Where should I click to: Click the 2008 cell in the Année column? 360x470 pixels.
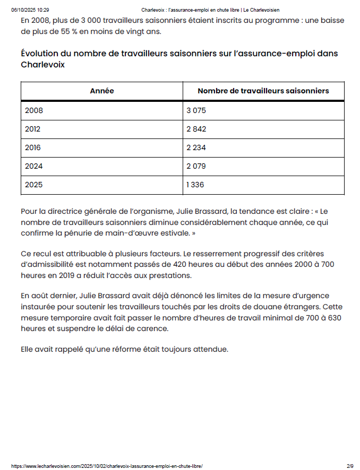point(34,110)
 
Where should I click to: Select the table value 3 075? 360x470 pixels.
point(196,110)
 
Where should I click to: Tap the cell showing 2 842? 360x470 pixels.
point(196,129)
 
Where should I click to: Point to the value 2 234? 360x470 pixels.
point(196,147)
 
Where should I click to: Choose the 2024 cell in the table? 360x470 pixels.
point(33,166)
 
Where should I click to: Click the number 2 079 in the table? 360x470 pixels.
point(196,166)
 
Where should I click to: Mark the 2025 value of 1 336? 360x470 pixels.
point(195,185)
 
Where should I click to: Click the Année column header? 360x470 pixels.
point(102,91)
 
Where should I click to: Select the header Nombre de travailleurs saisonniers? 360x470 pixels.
point(263,91)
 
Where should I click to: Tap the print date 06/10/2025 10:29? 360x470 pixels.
point(30,10)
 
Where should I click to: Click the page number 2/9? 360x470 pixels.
point(350,466)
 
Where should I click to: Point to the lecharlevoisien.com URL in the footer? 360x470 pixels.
point(107,466)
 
